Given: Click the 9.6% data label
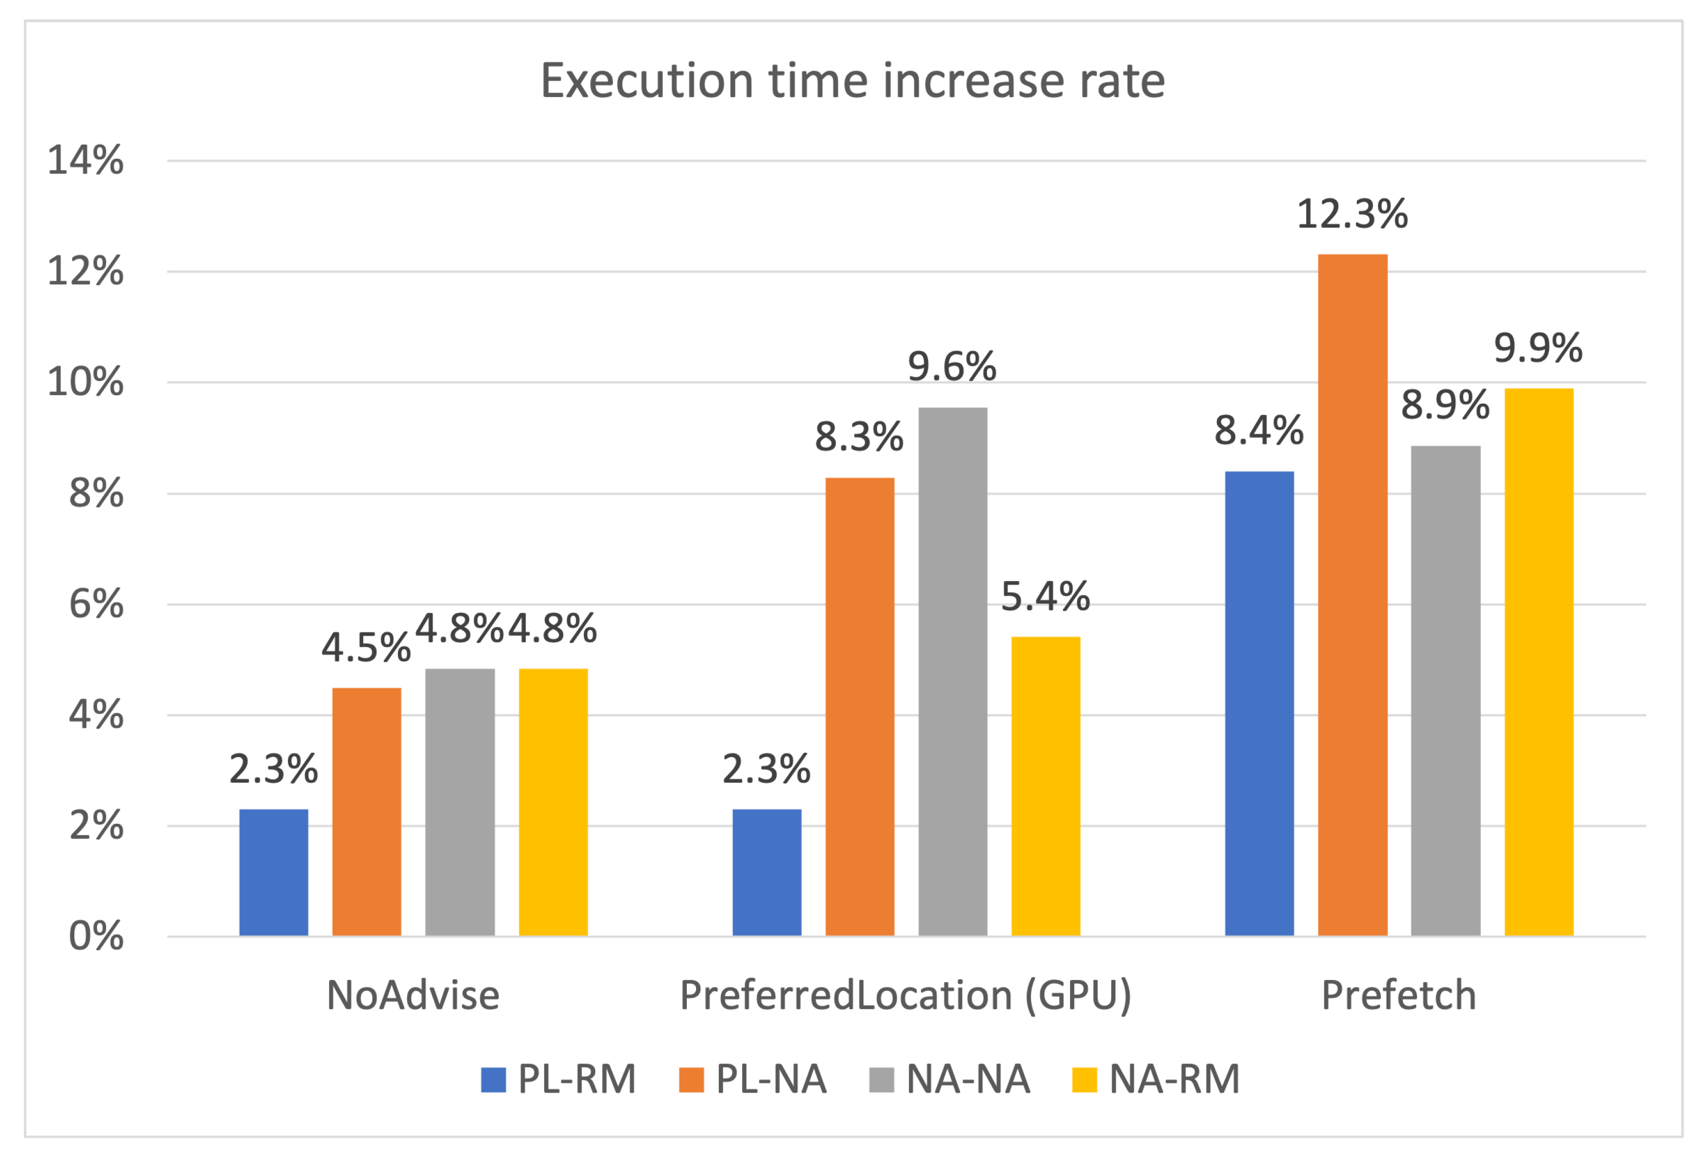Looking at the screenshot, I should click(951, 366).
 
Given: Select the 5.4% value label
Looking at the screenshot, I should click(1045, 596).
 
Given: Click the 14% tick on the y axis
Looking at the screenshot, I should click(85, 160).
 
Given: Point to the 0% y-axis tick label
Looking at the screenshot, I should click(96, 936).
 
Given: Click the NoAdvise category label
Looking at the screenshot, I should click(412, 995).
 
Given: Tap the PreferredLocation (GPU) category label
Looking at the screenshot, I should click(905, 995).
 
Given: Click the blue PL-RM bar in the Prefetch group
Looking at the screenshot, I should click(1259, 703).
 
